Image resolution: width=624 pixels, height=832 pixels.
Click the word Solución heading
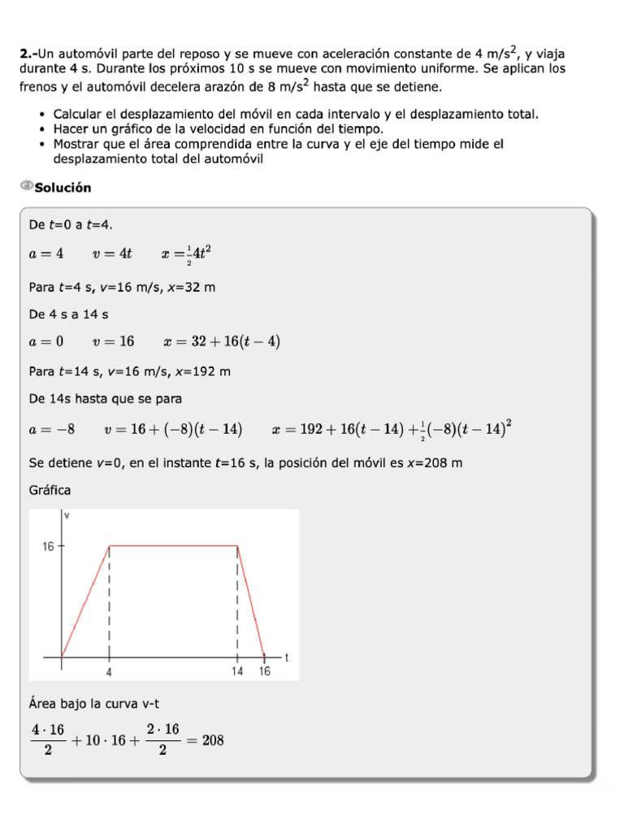pyautogui.click(x=63, y=188)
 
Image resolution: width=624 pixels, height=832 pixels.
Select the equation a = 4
pyautogui.click(x=46, y=253)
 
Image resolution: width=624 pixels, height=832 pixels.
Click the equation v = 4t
pyautogui.click(x=112, y=253)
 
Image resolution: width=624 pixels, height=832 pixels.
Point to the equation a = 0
pyautogui.click(x=46, y=341)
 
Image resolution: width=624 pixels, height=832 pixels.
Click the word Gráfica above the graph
pyautogui.click(x=50, y=490)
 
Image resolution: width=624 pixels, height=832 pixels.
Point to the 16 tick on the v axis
pyautogui.click(x=49, y=547)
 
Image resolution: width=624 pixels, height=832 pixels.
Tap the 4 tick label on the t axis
pyautogui.click(x=109, y=672)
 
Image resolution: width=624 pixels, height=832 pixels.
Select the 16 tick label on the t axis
pyautogui.click(x=265, y=672)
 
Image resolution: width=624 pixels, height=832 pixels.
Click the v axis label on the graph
pyautogui.click(x=67, y=516)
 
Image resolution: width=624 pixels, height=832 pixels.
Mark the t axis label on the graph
pyautogui.click(x=288, y=656)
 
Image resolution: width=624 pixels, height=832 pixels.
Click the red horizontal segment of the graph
pyautogui.click(x=173, y=546)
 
